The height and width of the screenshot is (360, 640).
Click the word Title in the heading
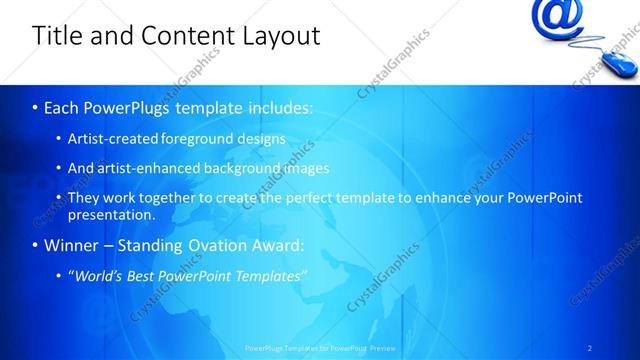coord(56,36)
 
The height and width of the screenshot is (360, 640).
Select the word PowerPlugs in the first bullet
coord(126,107)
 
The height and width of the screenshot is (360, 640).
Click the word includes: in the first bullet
coord(279,107)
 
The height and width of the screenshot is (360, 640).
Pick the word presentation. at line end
coord(111,214)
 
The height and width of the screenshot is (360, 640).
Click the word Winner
coord(71,245)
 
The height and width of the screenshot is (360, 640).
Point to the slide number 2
coord(590,348)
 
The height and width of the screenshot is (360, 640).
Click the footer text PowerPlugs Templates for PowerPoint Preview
coord(320,348)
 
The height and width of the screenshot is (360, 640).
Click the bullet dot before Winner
coord(35,246)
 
